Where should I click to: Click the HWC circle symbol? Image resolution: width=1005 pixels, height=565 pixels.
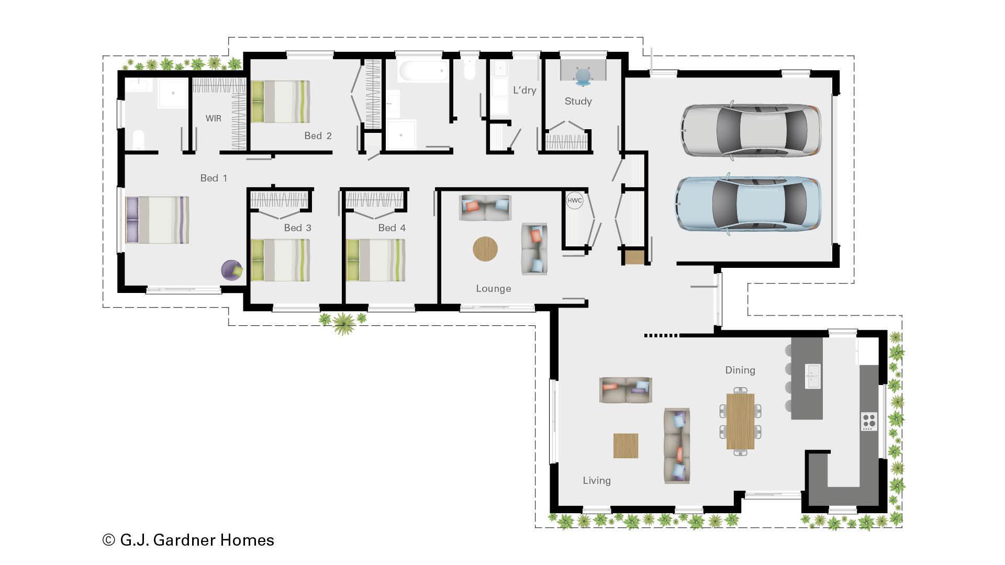tap(574, 200)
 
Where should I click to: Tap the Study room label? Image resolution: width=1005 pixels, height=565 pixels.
tap(578, 101)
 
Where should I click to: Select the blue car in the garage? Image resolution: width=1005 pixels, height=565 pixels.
tap(748, 203)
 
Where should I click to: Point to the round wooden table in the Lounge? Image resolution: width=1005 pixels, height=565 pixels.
tap(485, 249)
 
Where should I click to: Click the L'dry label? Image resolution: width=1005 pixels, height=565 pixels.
tap(524, 90)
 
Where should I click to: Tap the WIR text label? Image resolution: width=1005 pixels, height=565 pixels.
tap(213, 118)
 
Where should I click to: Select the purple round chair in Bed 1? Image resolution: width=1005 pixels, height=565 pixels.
tap(231, 270)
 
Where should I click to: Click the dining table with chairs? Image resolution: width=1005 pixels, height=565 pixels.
tap(740, 421)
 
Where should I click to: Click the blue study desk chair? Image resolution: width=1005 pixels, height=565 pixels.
tap(583, 76)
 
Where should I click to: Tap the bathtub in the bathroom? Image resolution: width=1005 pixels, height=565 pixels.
tap(422, 71)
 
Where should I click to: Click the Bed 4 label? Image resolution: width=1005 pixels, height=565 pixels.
tap(392, 228)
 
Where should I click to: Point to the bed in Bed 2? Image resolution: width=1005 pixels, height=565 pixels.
tap(281, 101)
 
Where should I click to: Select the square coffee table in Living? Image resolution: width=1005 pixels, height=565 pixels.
tap(626, 446)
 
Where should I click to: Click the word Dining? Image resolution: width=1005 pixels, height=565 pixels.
tap(740, 370)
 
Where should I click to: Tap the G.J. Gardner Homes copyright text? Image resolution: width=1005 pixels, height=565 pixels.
tap(188, 540)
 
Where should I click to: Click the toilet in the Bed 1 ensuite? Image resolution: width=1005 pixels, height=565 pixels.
tap(138, 140)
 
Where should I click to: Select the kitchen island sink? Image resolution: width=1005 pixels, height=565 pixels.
tap(812, 376)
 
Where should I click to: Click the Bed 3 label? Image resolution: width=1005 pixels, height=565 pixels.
tap(297, 228)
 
